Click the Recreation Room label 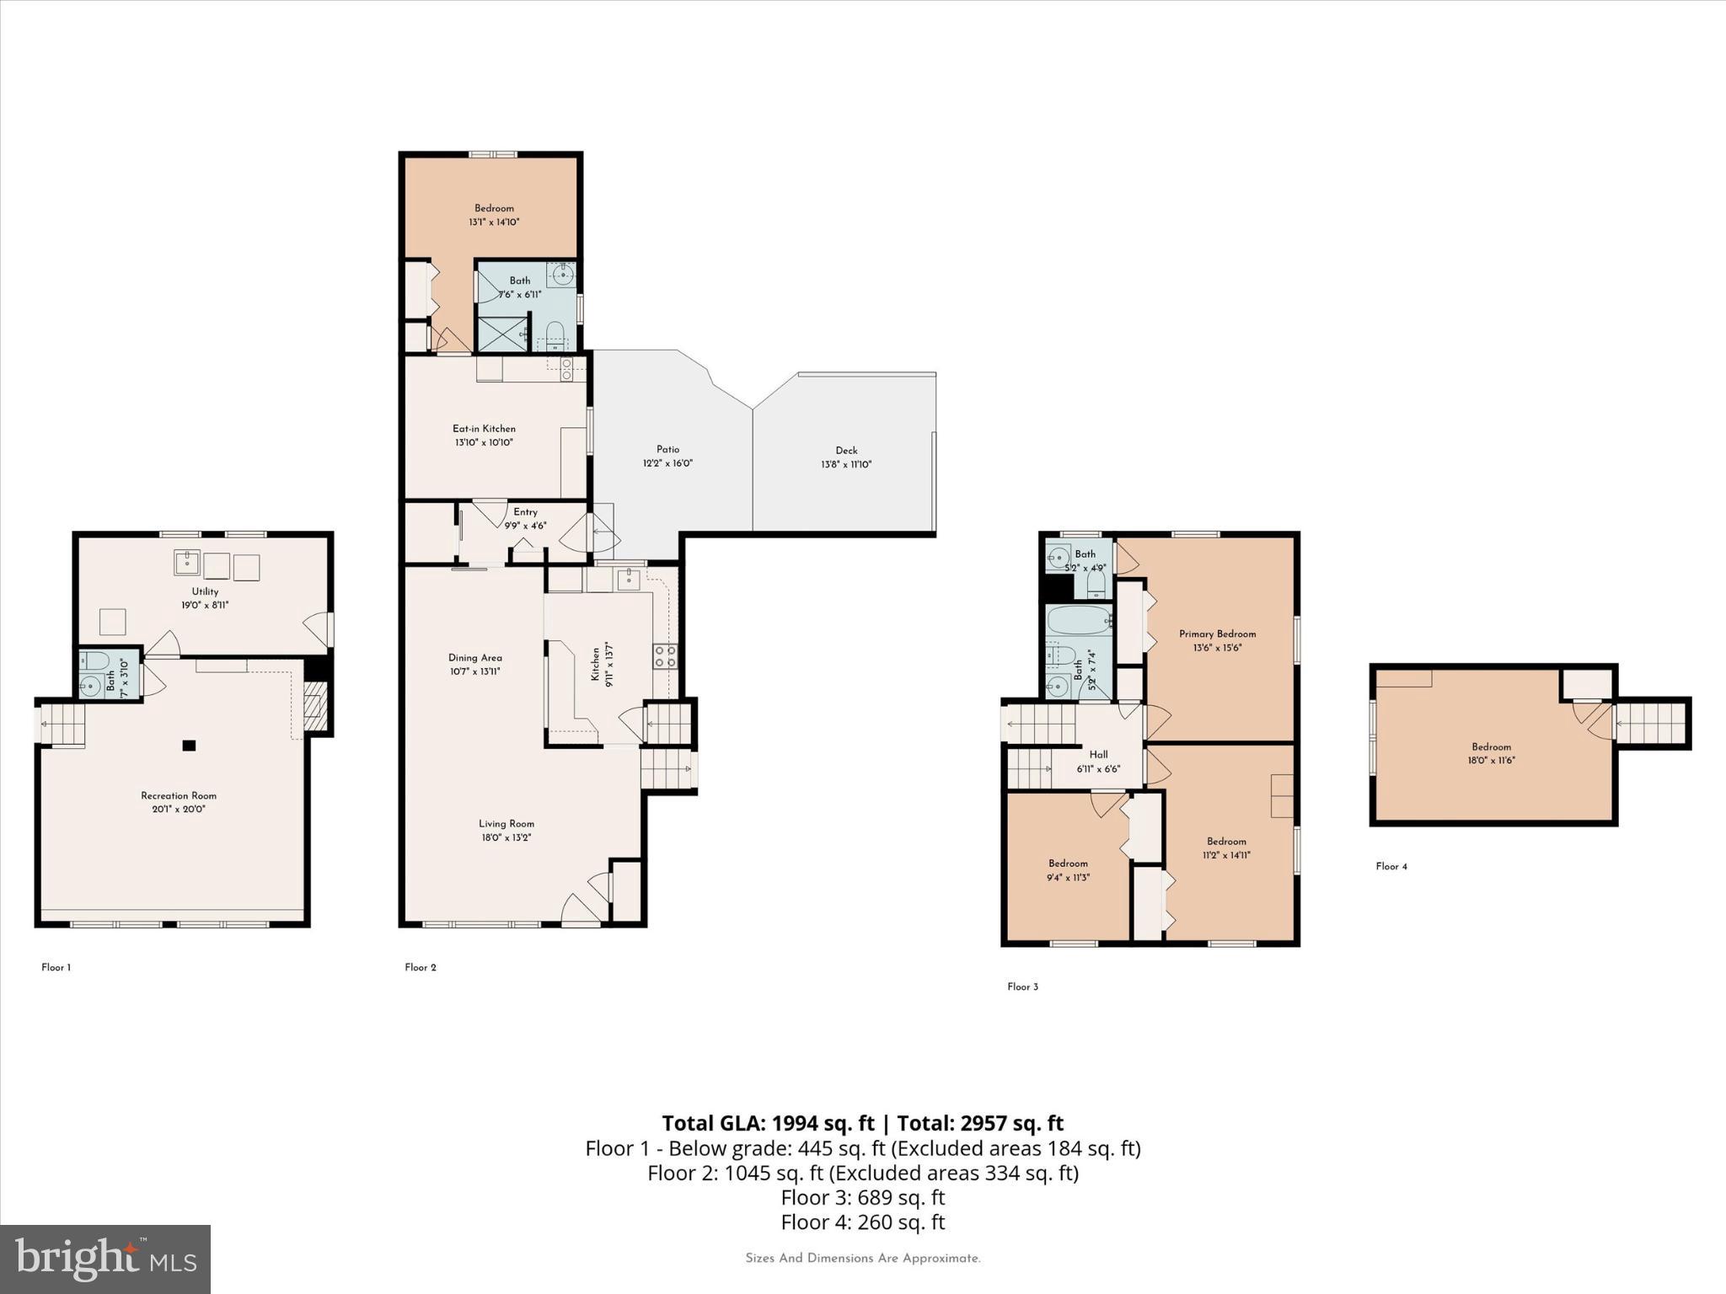tap(179, 795)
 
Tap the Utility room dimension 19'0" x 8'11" tap(205, 605)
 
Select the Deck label tap(846, 451)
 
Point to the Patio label tap(667, 449)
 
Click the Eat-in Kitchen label tap(484, 429)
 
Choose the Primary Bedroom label tap(1217, 634)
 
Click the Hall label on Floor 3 tap(1098, 755)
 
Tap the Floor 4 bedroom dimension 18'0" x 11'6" tap(1491, 760)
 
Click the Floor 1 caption tap(56, 967)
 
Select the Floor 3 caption tap(1022, 987)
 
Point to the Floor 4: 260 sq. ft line tap(863, 1222)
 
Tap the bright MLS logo tap(105, 1259)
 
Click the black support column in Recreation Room tap(190, 745)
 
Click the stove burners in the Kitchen tap(665, 656)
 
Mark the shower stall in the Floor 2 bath tap(503, 332)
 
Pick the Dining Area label tap(475, 658)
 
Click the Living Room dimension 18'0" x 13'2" tap(506, 837)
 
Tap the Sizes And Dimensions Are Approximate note tap(863, 1259)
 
